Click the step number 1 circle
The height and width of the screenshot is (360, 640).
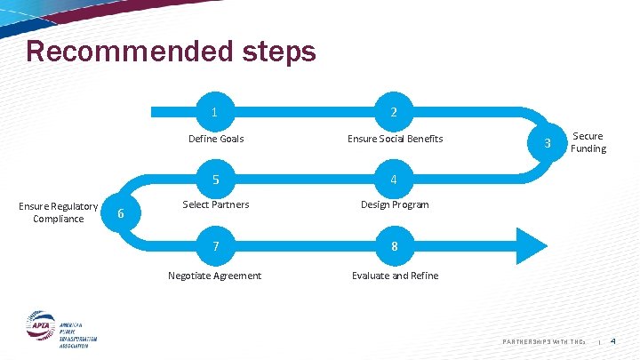tap(216, 113)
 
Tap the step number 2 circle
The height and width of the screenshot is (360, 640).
tap(394, 113)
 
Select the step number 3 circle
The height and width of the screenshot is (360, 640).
tap(549, 143)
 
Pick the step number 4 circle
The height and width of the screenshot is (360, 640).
tap(394, 180)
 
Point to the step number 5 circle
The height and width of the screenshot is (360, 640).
tap(216, 180)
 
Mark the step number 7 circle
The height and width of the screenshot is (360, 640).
tap(216, 245)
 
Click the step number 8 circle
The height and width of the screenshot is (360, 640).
tap(394, 245)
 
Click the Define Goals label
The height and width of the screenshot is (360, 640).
tap(216, 139)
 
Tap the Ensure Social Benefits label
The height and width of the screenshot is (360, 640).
tap(395, 139)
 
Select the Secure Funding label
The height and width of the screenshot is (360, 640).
tap(588, 142)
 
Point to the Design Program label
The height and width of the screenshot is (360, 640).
tap(395, 204)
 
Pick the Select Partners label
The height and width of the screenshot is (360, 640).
tap(216, 204)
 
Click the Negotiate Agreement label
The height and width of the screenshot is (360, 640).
tap(215, 276)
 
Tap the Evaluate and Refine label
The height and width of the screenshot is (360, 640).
tap(395, 276)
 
